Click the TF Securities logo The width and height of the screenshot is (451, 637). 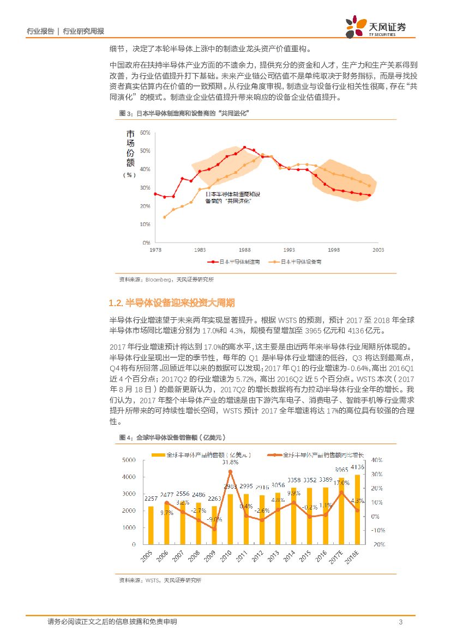(x=376, y=26)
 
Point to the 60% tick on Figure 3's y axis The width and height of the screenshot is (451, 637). (x=145, y=132)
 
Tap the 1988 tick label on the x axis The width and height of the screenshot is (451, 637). (x=244, y=249)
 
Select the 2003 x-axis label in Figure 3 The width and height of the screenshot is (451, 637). (x=378, y=249)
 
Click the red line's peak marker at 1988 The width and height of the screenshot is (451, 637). (x=244, y=147)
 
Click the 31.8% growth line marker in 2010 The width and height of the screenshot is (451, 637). (x=230, y=471)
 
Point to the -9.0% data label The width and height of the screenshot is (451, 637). (x=213, y=519)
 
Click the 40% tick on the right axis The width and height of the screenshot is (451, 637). (x=378, y=460)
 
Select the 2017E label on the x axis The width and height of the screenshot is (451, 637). (x=339, y=557)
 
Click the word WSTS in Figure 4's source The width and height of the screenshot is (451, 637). (x=152, y=581)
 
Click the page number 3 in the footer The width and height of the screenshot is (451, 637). (x=401, y=622)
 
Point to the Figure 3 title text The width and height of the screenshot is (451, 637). (x=183, y=113)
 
